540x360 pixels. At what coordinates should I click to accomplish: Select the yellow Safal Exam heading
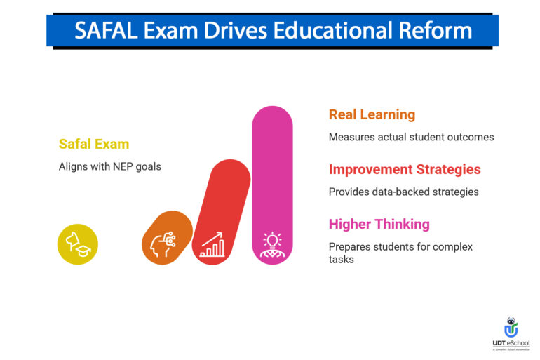(94, 144)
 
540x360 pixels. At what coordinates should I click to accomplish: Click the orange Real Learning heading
(372, 114)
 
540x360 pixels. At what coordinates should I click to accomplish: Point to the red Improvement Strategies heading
(405, 169)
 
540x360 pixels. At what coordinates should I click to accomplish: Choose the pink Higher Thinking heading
(379, 225)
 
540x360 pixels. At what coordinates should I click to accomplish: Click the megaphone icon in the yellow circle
(77, 244)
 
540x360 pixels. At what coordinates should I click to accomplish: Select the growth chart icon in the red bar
(212, 245)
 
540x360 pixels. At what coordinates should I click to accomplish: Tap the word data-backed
(401, 192)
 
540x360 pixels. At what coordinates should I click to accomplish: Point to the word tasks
(342, 259)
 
